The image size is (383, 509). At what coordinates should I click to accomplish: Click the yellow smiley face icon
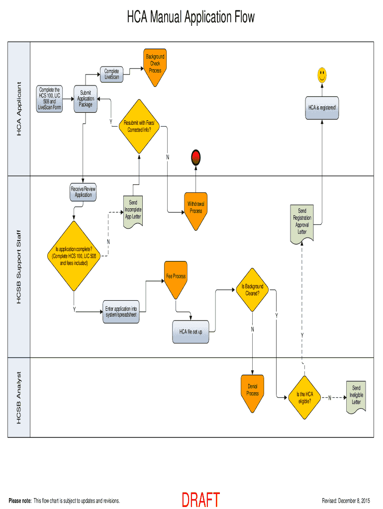pos(322,75)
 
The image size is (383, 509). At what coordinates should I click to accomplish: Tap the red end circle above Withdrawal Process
pos(196,158)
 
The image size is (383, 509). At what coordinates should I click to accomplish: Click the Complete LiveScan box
pos(111,74)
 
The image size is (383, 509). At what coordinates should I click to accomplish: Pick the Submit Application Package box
pos(85,99)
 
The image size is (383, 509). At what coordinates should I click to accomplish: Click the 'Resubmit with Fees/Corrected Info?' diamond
pos(139,126)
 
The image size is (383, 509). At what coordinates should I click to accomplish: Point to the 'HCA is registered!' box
pos(322,107)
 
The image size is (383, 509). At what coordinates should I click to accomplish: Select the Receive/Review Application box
pos(83,192)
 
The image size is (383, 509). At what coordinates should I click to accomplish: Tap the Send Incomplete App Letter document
pos(133,211)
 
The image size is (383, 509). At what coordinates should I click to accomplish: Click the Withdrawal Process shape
pos(196,210)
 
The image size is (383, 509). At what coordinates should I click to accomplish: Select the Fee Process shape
pos(176,278)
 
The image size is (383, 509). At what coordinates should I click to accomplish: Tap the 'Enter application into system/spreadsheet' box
pos(121,312)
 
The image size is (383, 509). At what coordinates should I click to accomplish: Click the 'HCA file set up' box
pos(191,332)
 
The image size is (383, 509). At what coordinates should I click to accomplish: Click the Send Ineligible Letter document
pos(356,397)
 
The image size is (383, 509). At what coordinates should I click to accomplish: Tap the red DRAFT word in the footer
pos(200,500)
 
